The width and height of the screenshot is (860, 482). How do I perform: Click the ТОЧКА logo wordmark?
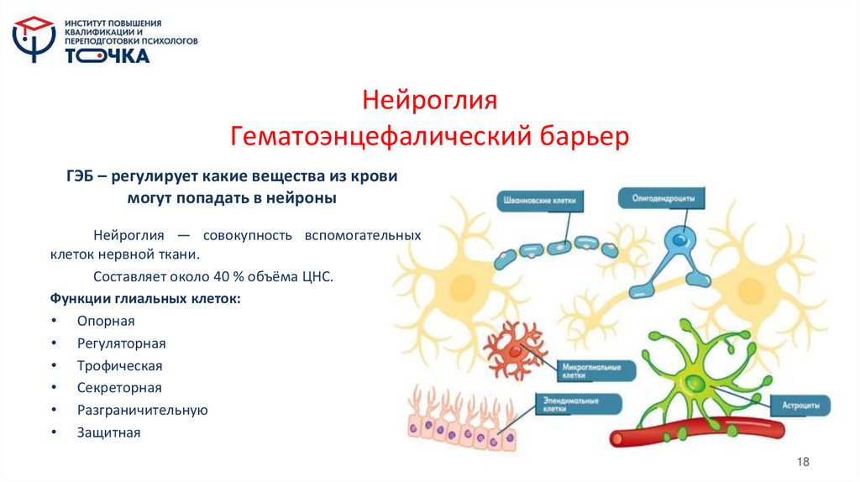(x=107, y=56)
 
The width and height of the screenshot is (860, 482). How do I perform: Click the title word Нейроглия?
(x=429, y=101)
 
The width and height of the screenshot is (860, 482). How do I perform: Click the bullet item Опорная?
(x=106, y=321)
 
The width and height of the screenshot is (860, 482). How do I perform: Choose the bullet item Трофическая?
(x=119, y=365)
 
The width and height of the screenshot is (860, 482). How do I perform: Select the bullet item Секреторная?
(x=119, y=388)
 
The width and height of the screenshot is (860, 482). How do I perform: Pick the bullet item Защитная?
(x=109, y=432)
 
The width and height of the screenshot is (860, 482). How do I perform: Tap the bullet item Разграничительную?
(x=142, y=410)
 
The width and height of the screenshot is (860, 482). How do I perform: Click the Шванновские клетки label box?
(x=538, y=201)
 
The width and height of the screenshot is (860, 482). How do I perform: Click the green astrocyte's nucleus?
(x=693, y=385)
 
